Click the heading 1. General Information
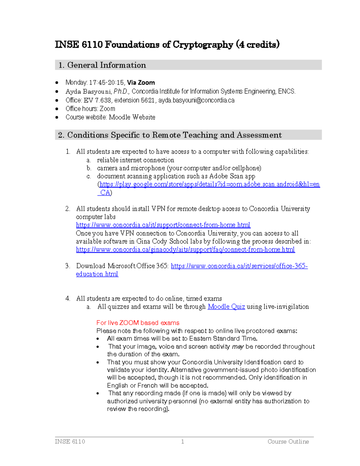pos(102,65)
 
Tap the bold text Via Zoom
pos(141,83)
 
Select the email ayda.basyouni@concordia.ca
pos(196,100)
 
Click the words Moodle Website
pos(132,117)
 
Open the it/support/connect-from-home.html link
pos(163,225)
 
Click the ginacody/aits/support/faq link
pos(185,250)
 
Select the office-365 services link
pos(239,266)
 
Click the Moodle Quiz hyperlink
pos(226,307)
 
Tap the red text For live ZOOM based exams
pos(138,323)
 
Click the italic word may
pos(238,347)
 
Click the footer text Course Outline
pos(288,441)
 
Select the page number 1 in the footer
pos(182,441)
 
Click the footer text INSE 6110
pos(70,441)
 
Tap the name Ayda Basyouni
pos(88,92)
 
